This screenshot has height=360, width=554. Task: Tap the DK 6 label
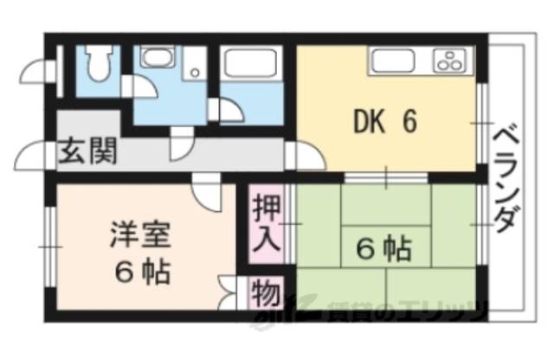tap(385, 122)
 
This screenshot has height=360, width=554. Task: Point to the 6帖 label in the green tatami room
tap(383, 250)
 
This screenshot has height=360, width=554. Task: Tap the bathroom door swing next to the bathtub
tap(229, 111)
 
